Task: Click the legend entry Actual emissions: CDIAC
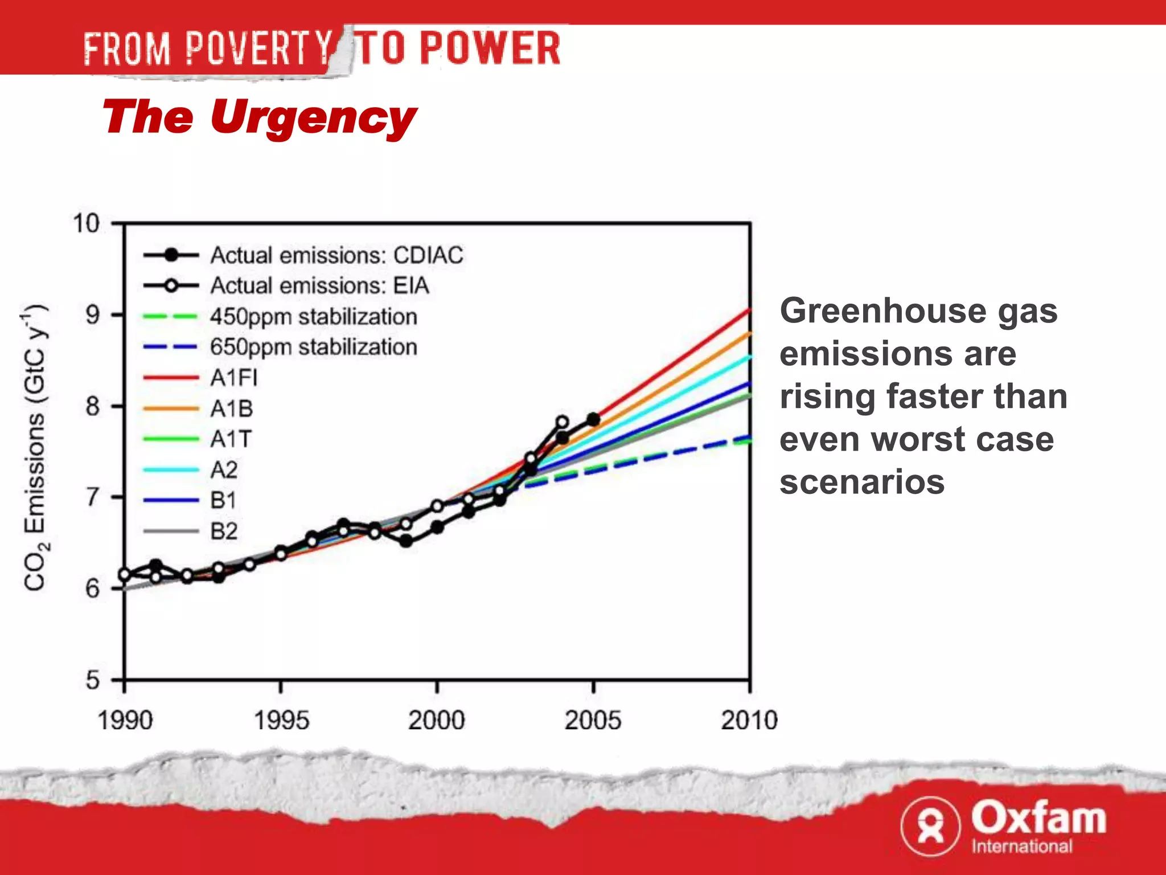(x=336, y=255)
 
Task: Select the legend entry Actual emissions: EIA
(x=319, y=285)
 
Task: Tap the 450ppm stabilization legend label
(x=314, y=317)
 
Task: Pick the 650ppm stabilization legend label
(x=314, y=347)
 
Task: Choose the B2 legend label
(x=224, y=531)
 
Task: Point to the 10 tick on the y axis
(x=87, y=223)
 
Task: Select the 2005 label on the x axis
(x=593, y=721)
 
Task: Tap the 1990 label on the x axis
(x=125, y=721)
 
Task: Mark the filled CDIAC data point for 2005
(x=593, y=419)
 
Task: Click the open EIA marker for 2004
(x=562, y=422)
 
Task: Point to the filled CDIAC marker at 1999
(x=406, y=541)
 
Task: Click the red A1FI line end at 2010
(x=749, y=310)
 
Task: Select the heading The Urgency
(x=259, y=117)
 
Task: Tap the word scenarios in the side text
(x=861, y=482)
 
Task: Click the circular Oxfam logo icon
(x=930, y=826)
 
